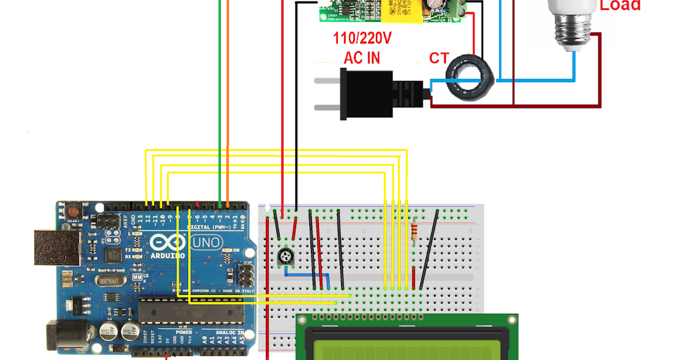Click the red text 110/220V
(x=362, y=39)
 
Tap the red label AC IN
(x=362, y=58)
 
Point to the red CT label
(x=439, y=58)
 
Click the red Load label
(x=620, y=6)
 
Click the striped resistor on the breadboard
(x=414, y=231)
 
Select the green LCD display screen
(x=406, y=343)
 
